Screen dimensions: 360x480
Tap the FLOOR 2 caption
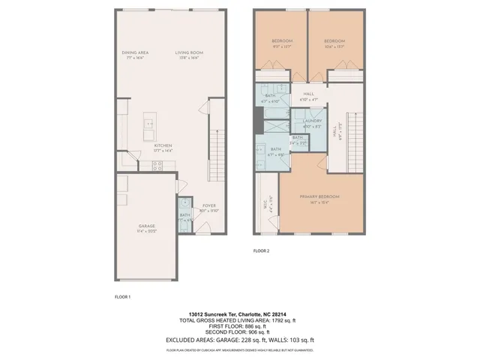pyautogui.click(x=261, y=250)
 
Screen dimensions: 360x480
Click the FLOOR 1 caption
pyautogui.click(x=122, y=298)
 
